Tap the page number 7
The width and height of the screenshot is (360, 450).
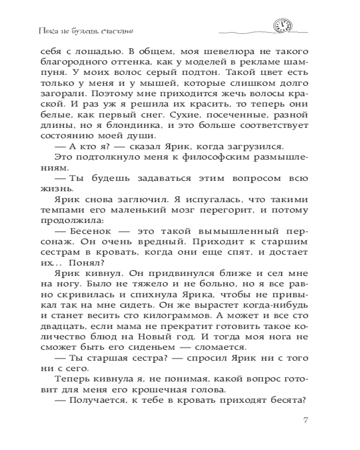(306, 420)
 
